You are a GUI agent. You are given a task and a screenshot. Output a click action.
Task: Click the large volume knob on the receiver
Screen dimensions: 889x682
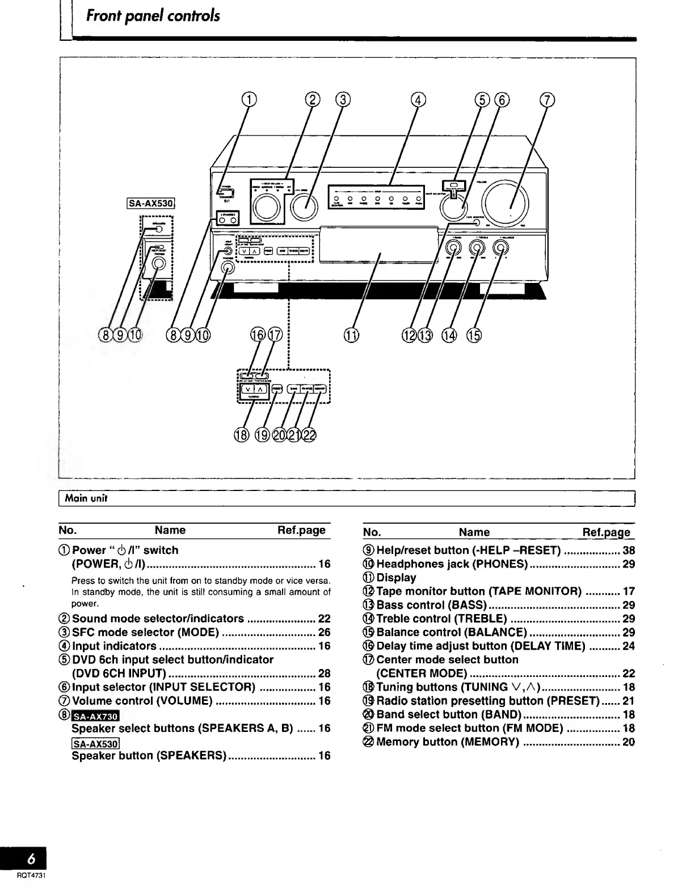pos(505,202)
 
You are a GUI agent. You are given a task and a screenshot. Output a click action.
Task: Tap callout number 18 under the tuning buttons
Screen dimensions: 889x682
pos(241,435)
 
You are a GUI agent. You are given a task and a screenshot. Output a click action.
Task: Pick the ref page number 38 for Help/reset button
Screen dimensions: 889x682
pos(628,551)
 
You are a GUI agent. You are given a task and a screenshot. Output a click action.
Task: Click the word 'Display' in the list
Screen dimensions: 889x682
pos(396,578)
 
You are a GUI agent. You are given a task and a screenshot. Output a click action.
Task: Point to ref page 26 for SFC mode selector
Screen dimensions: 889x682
pos(324,632)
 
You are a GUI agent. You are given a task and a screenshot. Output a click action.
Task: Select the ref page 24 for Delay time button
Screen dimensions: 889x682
pos(628,646)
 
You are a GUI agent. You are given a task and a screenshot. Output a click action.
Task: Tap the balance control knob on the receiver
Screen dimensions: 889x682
pos(500,247)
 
